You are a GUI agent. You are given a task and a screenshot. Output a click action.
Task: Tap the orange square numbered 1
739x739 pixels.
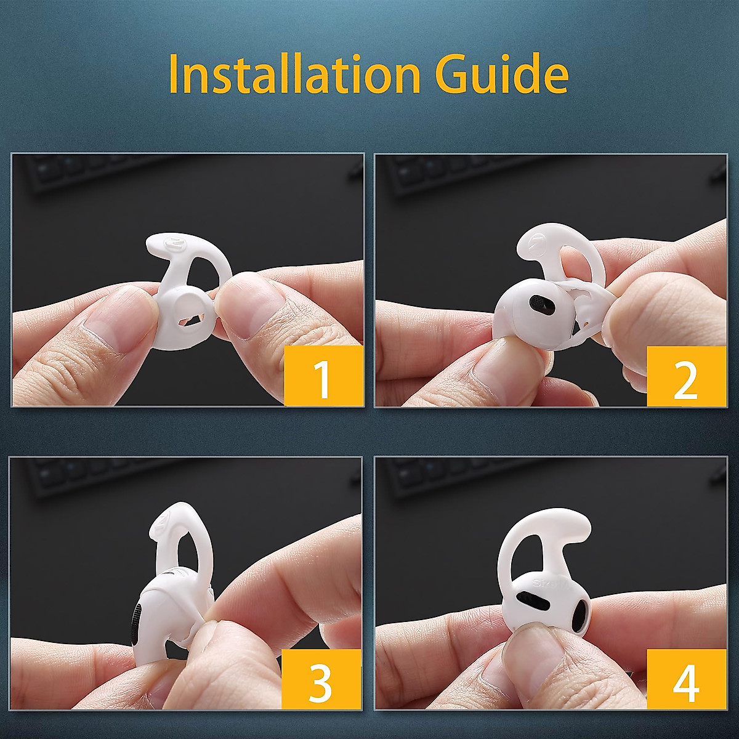coord(323,376)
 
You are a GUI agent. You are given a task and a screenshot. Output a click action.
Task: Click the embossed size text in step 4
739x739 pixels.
coord(544,582)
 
